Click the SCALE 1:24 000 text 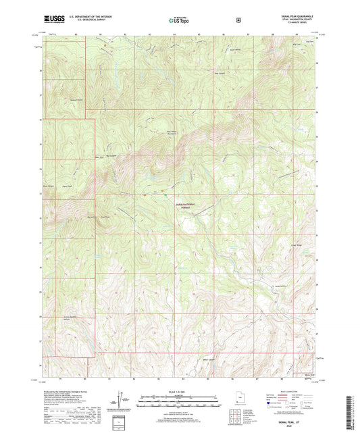[x=179, y=392]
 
